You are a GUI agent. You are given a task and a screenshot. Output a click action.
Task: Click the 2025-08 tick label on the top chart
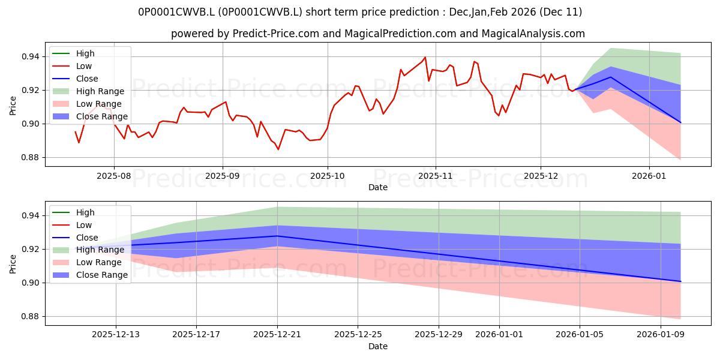click(x=114, y=175)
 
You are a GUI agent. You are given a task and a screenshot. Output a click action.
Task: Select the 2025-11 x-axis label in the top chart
click(x=435, y=175)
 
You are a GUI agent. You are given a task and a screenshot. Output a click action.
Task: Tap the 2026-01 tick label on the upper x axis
click(x=649, y=175)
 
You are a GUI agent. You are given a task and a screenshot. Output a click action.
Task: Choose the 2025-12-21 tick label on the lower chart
click(x=277, y=334)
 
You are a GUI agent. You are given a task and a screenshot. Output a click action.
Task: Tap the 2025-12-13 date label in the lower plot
click(x=116, y=334)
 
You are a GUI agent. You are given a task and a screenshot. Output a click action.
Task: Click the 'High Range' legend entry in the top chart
click(x=100, y=91)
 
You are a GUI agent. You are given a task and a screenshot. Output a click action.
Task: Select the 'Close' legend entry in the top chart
click(x=87, y=79)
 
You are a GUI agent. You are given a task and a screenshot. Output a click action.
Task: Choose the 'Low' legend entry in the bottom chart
click(x=84, y=225)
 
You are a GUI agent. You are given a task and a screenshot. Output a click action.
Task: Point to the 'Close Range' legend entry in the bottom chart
click(x=101, y=275)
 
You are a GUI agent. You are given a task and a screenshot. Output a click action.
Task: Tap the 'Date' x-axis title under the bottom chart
click(x=377, y=346)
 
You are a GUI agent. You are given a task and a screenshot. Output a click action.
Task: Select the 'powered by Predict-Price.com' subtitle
click(x=377, y=34)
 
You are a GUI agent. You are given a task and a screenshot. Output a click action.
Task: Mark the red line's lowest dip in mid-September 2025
click(x=278, y=149)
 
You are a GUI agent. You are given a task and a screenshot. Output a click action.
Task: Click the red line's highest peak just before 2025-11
click(x=425, y=58)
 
